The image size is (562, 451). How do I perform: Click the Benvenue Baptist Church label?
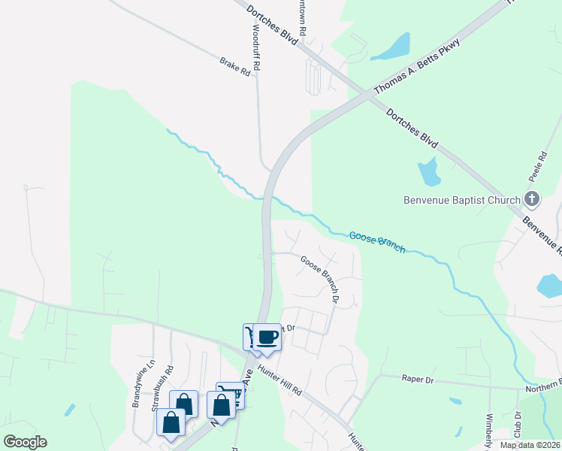462,200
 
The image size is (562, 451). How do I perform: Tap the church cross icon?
532,199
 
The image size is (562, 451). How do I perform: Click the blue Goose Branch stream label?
377,241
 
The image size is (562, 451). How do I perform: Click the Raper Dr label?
418,380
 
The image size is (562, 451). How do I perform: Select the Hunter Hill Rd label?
279,380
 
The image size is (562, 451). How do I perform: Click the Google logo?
25,442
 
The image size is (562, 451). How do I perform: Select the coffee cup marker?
267,337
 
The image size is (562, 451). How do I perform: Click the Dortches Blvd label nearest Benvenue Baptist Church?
412,129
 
